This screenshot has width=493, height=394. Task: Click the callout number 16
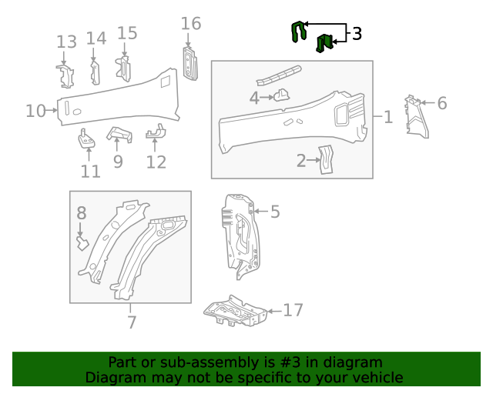point(191,24)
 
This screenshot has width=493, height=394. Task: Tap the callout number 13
point(67,42)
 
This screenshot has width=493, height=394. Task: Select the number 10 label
point(35,111)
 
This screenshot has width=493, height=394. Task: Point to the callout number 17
point(293,310)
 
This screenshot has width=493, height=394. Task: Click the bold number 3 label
point(357,33)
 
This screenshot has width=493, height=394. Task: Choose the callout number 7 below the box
point(132,322)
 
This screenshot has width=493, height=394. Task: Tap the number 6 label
point(442,102)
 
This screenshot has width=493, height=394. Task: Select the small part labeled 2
point(327,159)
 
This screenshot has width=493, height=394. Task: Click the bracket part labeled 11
point(86,139)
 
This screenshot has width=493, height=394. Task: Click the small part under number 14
point(96,72)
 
